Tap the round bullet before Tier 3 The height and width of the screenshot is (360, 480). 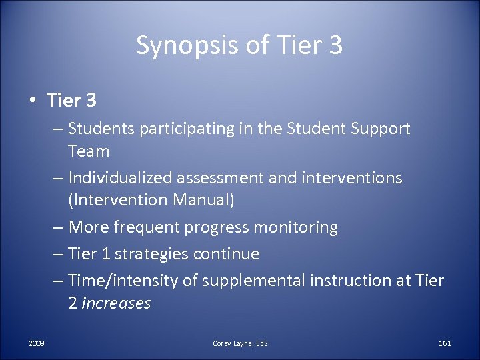pyautogui.click(x=32, y=101)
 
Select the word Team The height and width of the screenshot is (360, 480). pyautogui.click(x=89, y=151)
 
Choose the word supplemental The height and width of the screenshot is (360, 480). pyautogui.click(x=253, y=281)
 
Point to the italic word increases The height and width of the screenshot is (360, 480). pyautogui.click(x=116, y=303)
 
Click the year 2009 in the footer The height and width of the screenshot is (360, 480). pyautogui.click(x=37, y=343)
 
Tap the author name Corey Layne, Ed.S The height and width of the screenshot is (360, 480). pyautogui.click(x=240, y=343)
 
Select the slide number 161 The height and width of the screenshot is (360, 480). pyautogui.click(x=445, y=343)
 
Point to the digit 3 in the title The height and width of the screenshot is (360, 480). pyautogui.click(x=335, y=46)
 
